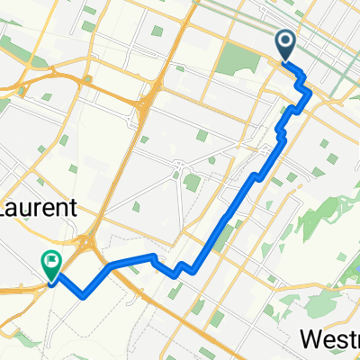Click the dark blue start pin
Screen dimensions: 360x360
tap(285, 44)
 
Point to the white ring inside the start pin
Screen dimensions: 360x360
tap(285, 40)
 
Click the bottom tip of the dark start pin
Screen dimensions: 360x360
tap(285, 60)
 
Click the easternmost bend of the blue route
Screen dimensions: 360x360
tap(310, 92)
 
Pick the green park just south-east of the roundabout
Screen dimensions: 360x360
tap(192, 183)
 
